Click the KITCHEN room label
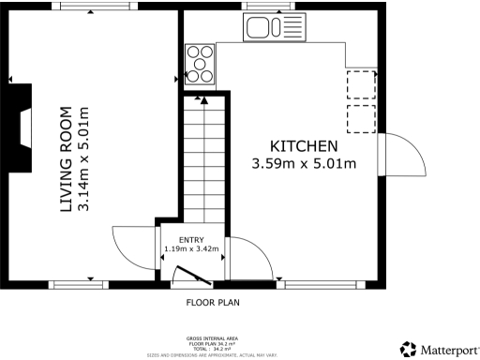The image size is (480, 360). click(x=304, y=146)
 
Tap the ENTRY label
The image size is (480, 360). click(x=191, y=240)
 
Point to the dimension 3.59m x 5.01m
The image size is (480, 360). click(x=304, y=164)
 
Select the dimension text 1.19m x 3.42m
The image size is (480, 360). click(x=191, y=249)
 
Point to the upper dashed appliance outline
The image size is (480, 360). click(x=361, y=85)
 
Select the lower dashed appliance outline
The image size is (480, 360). click(x=361, y=118)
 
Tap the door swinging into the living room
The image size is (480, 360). click(x=131, y=246)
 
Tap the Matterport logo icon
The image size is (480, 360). click(x=408, y=349)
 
